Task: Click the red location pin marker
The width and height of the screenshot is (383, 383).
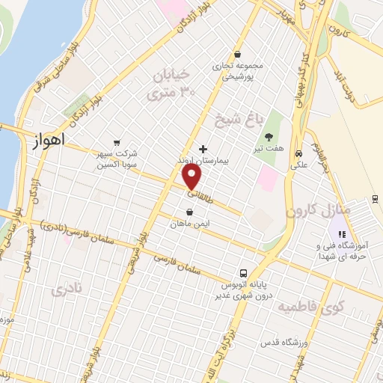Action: (191, 177)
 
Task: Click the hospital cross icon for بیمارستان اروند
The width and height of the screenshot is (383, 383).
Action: (203, 149)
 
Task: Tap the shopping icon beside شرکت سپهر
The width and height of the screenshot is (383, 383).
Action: (116, 142)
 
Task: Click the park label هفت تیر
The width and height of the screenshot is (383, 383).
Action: (269, 148)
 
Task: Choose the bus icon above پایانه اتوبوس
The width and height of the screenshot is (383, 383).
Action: (243, 274)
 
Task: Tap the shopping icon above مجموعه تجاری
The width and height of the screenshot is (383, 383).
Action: (237, 54)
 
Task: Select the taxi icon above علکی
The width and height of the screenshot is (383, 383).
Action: (298, 147)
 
